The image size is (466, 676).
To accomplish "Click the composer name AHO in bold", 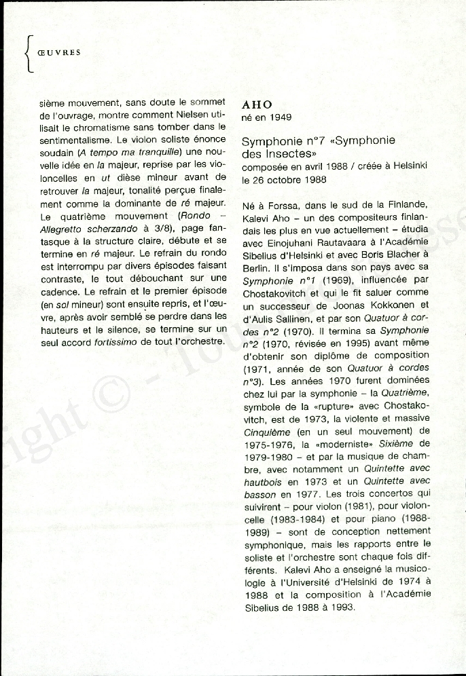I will pos(257,105).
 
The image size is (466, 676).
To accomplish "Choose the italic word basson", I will pos(259,504).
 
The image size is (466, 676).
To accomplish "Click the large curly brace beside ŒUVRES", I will pos(28,54).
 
